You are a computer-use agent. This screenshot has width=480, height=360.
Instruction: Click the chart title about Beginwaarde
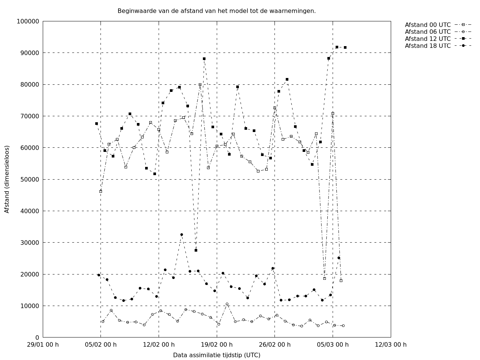216,11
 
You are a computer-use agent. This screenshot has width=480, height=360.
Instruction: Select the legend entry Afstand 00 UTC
427,25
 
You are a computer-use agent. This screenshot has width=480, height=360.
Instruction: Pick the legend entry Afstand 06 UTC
427,32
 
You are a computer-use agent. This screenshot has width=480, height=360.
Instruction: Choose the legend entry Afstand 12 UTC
427,39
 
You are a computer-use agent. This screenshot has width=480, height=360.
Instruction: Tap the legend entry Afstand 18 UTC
427,46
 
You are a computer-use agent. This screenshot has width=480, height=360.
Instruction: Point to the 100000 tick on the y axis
28,21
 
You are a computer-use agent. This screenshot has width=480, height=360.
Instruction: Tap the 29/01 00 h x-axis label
43,345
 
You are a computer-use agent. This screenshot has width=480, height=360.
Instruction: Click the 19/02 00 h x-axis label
217,345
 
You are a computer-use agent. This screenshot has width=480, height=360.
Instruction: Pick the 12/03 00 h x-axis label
391,345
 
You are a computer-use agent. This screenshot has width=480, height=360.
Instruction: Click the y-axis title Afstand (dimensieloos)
7,179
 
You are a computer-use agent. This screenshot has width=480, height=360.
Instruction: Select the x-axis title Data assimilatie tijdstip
216,355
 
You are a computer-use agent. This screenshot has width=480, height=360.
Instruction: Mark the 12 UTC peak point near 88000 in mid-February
204,58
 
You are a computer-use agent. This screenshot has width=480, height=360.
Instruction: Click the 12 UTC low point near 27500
196,250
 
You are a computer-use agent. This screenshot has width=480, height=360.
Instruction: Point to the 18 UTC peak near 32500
181,234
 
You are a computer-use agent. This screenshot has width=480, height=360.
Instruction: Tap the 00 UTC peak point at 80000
200,85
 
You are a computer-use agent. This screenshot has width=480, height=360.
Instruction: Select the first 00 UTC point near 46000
100,191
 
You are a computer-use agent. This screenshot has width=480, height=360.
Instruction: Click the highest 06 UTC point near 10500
227,304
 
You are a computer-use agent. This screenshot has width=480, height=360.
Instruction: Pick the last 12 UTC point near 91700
345,47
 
